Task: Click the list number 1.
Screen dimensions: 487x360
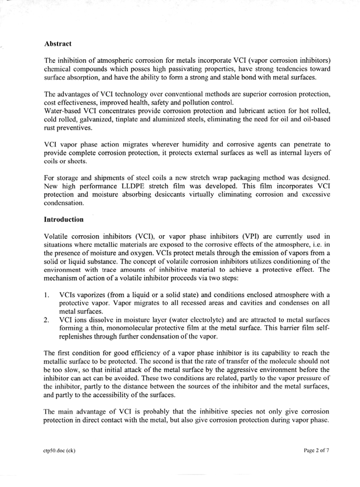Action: click(x=47, y=293)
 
